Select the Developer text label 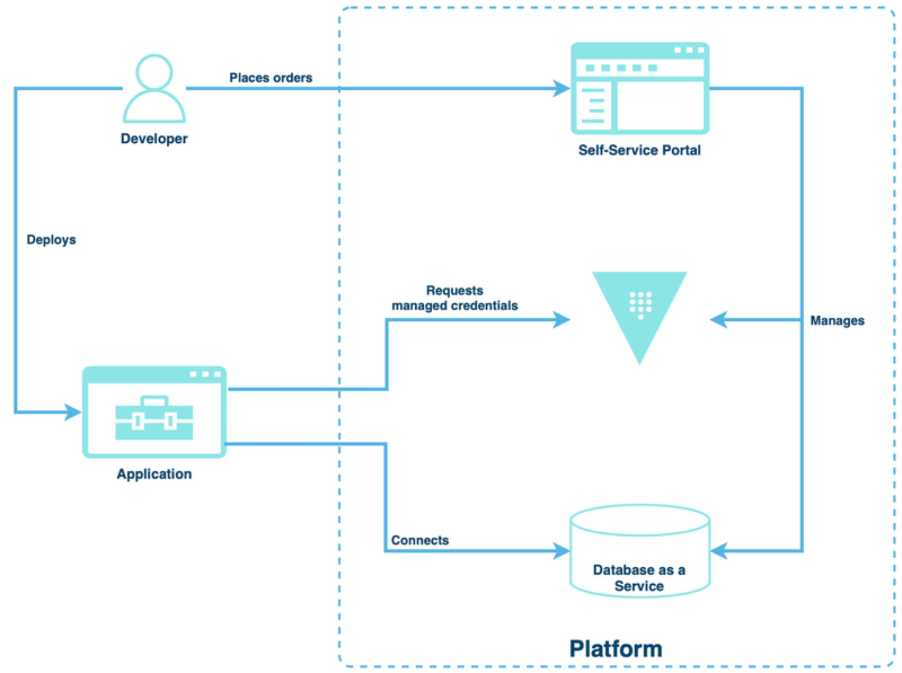pyautogui.click(x=154, y=139)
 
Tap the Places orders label pyautogui.click(x=271, y=77)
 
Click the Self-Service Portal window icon pyautogui.click(x=639, y=88)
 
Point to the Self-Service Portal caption pyautogui.click(x=639, y=150)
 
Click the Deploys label pyautogui.click(x=51, y=240)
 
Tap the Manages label pyautogui.click(x=837, y=321)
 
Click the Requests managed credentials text pyautogui.click(x=454, y=298)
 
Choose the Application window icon pyautogui.click(x=154, y=411)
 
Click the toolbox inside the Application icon pyautogui.click(x=154, y=418)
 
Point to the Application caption pyautogui.click(x=154, y=474)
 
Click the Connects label pyautogui.click(x=420, y=540)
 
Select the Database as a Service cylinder pyautogui.click(x=639, y=550)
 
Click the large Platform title pyautogui.click(x=615, y=649)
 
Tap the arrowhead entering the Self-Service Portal pyautogui.click(x=561, y=88)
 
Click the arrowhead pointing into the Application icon pyautogui.click(x=73, y=412)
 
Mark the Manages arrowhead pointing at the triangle pyautogui.click(x=719, y=320)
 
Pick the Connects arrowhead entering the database pyautogui.click(x=561, y=550)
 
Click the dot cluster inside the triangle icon pyautogui.click(x=640, y=304)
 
